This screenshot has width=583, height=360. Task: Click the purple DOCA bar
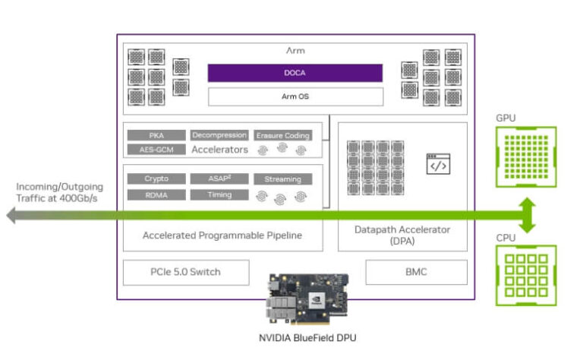coord(295,72)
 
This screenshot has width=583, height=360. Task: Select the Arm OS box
coord(295,96)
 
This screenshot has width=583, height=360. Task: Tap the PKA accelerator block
coord(156,135)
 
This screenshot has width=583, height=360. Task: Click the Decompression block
coord(219,135)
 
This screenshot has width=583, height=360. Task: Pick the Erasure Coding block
coord(282,135)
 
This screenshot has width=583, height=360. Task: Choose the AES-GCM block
coord(156,150)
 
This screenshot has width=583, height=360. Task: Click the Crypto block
coord(156,179)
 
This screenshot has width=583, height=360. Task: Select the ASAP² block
coord(219,179)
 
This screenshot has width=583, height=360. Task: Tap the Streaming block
coord(282,180)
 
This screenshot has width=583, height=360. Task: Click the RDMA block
coord(156,194)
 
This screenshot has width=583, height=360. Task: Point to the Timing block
coord(219,194)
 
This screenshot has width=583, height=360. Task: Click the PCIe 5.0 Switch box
coord(186,272)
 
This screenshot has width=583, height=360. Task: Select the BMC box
coord(416,272)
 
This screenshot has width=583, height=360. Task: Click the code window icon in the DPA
coord(437,164)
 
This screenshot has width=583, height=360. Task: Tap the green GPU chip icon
coord(525,156)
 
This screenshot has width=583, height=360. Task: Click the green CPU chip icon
coord(525,274)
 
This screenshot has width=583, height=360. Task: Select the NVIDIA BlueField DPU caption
coord(306,339)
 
